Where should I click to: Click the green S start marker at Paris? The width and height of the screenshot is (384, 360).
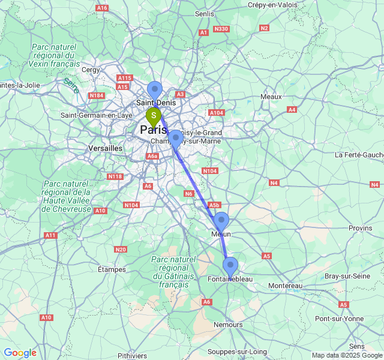[154, 115]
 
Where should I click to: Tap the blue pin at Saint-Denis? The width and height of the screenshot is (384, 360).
[155, 90]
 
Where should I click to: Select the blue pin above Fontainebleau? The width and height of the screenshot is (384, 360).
[230, 266]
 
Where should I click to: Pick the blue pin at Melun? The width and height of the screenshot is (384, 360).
[221, 221]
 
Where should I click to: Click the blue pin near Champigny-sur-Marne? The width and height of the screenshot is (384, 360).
[175, 139]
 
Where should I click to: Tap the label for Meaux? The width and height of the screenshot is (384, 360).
[271, 97]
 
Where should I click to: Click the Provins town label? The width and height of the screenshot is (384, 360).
[360, 228]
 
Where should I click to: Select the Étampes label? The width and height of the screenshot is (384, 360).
[112, 269]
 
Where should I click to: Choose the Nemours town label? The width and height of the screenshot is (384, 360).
[226, 325]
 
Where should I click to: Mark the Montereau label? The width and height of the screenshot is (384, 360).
[286, 286]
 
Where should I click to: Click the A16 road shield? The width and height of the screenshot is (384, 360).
[102, 8]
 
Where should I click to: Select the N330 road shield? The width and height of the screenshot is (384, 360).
[221, 29]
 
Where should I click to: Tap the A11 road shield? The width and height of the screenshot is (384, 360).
[50, 235]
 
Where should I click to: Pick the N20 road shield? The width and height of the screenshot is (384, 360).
[120, 249]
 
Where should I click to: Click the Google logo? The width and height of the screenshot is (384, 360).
[20, 353]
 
